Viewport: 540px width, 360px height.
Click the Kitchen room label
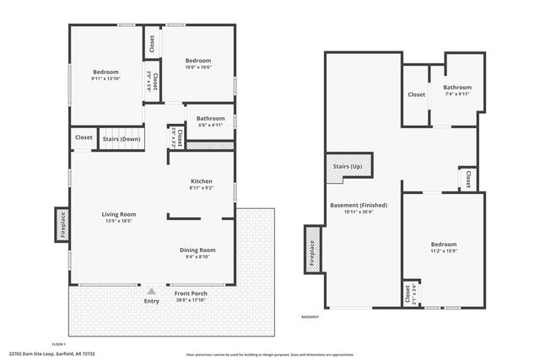[201, 181]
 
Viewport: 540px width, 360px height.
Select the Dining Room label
[197, 250]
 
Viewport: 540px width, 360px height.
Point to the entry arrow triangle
[152, 291]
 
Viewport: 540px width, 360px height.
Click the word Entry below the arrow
[152, 301]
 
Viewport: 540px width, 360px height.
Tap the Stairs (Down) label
[121, 137]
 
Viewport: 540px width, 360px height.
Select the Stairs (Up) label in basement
[348, 166]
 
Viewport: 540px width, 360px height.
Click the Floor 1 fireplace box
[62, 224]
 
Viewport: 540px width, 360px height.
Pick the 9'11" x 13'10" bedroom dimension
[106, 78]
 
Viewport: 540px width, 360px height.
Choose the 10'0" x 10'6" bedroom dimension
[197, 67]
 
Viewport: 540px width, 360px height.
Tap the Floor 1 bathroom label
[210, 119]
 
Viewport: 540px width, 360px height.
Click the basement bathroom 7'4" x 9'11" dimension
[457, 94]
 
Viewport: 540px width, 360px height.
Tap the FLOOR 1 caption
[58, 344]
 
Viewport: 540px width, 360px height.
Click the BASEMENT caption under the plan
[310, 317]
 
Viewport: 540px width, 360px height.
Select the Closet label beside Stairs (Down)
[84, 137]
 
